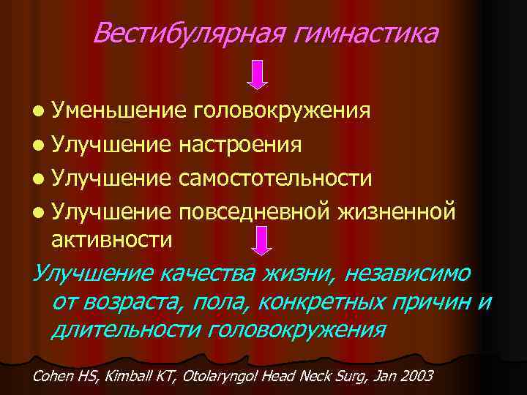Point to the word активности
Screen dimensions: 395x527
pyautogui.click(x=112, y=238)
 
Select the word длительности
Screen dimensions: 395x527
pyautogui.click(x=125, y=330)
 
